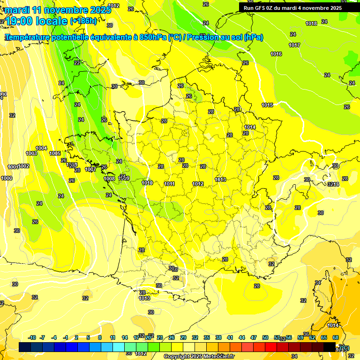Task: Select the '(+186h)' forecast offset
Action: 83,21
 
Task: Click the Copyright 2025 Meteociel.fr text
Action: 199,356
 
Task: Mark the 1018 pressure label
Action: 311,23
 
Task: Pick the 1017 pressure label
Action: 294,45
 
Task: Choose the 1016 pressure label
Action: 276,54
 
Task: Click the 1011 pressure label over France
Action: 169,184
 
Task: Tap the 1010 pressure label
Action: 147,183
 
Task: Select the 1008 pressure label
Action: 109,178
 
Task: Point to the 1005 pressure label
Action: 55,153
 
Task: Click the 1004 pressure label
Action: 41,148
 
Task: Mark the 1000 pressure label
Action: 7,178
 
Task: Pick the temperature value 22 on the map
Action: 77,63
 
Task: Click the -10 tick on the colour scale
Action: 32,337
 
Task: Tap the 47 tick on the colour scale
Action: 254,337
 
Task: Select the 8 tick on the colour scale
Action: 100,337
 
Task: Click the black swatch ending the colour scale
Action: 330,346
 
